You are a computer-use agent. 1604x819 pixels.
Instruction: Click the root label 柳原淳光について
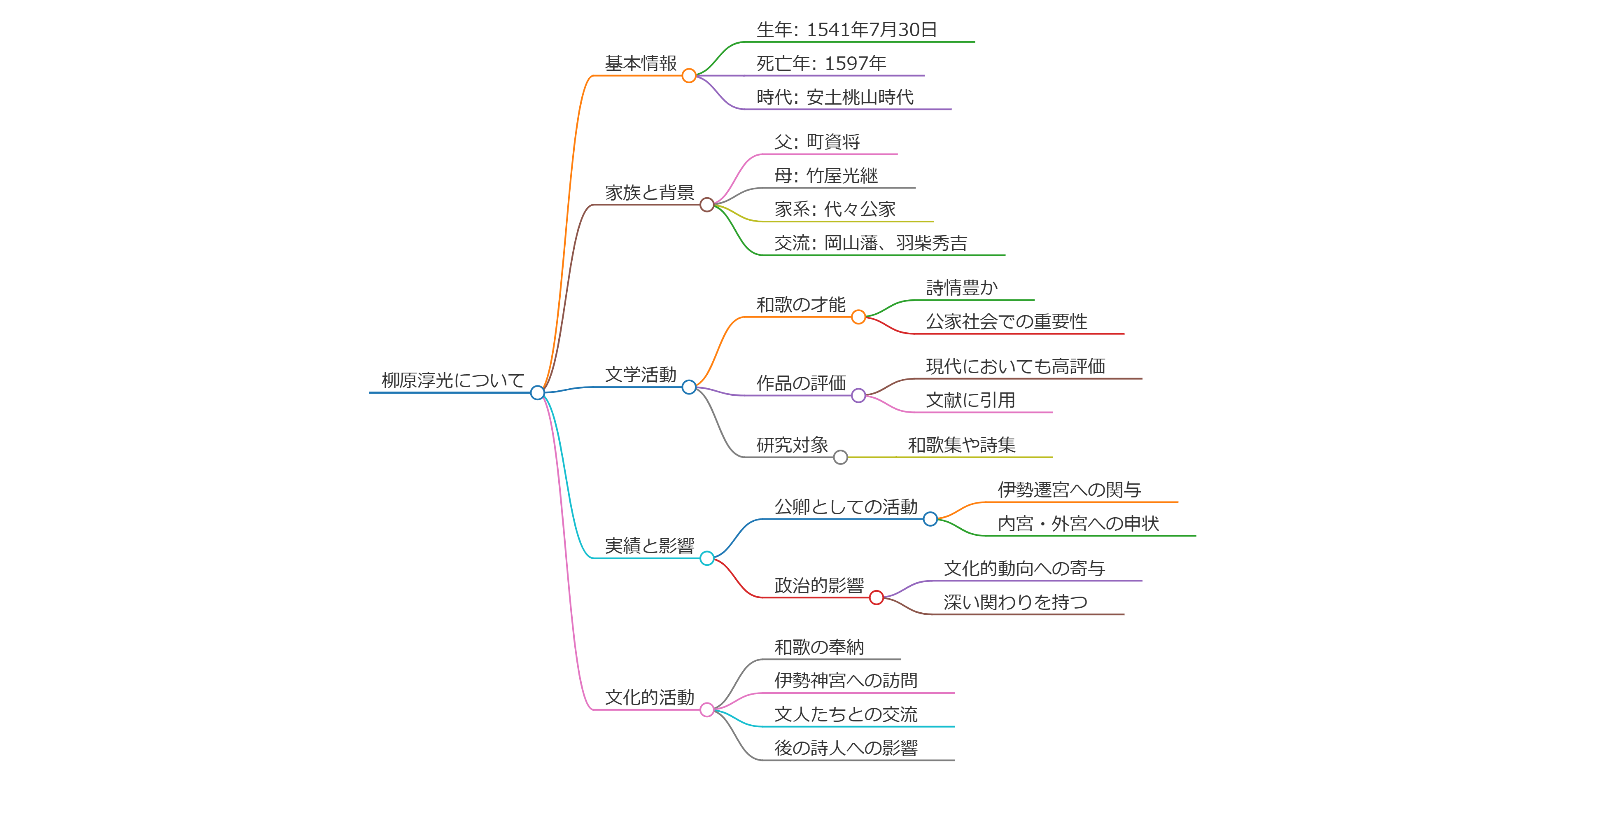click(x=453, y=380)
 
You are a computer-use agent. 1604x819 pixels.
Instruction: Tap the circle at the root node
click(x=537, y=392)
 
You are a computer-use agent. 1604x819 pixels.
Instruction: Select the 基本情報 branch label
click(x=641, y=63)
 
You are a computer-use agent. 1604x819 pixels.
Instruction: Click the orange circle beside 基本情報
click(x=689, y=76)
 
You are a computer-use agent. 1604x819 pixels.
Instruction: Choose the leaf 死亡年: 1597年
click(x=821, y=63)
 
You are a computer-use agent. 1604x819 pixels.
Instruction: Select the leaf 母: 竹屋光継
click(x=825, y=176)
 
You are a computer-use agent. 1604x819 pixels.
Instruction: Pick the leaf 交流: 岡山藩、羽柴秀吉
click(x=870, y=243)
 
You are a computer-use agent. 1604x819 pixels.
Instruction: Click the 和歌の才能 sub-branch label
click(x=801, y=305)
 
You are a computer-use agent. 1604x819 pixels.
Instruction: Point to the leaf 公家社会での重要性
click(x=1006, y=321)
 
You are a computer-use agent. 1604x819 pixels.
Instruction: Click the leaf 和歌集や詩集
click(x=961, y=445)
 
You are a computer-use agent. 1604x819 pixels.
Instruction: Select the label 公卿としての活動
click(x=846, y=506)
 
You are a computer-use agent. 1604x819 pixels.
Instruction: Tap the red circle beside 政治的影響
click(x=876, y=598)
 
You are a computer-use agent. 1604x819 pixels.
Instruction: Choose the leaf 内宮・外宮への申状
click(x=1078, y=523)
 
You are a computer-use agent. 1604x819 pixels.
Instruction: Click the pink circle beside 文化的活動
click(x=707, y=710)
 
